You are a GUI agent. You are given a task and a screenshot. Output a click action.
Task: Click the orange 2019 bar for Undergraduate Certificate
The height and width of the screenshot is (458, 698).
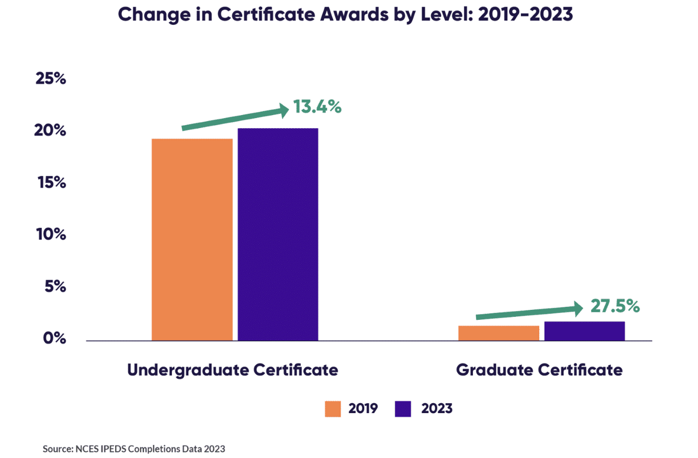click(x=192, y=239)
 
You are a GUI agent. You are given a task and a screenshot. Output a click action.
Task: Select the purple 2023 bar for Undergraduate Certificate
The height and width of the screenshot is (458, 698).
click(x=278, y=234)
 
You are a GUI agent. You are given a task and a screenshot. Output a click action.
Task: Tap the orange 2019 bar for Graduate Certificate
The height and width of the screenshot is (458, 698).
click(x=498, y=333)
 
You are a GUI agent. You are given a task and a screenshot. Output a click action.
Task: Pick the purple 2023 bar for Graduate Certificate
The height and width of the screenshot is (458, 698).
click(x=584, y=331)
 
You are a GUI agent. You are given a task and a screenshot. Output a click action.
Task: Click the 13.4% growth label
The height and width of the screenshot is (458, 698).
click(x=317, y=107)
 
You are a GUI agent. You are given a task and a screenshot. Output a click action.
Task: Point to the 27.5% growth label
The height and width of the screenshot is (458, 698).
click(x=615, y=306)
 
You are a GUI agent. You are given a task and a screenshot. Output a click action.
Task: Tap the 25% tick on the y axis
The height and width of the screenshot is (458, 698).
click(x=50, y=78)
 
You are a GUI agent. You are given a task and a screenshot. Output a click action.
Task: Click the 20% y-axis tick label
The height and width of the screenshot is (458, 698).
click(x=50, y=130)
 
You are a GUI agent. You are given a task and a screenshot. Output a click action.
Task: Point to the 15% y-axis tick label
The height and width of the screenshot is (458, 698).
click(x=50, y=182)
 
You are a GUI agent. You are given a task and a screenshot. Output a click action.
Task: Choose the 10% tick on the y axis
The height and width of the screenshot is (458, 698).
click(x=50, y=234)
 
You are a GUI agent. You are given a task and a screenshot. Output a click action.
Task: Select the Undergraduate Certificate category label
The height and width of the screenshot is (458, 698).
click(x=233, y=370)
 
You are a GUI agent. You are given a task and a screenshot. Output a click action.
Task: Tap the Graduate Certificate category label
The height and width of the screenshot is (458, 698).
click(x=539, y=370)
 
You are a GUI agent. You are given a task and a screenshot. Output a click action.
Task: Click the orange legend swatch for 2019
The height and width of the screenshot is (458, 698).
click(x=333, y=408)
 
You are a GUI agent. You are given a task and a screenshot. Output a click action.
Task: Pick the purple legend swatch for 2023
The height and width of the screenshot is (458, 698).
click(x=403, y=408)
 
